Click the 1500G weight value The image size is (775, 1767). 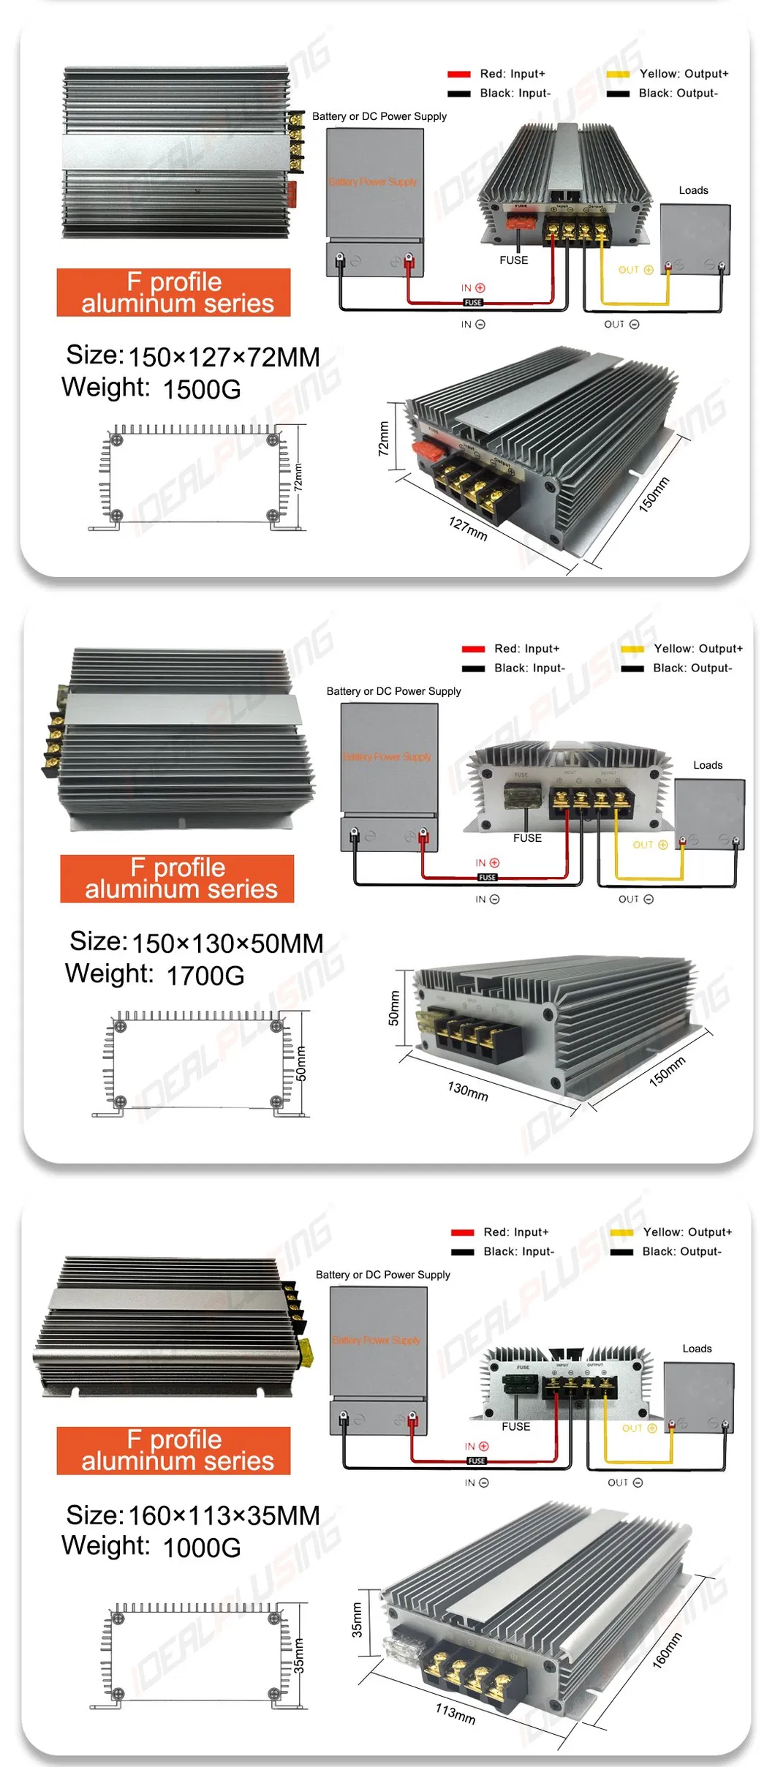[202, 389]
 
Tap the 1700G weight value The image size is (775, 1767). [205, 976]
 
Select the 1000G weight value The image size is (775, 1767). [202, 1548]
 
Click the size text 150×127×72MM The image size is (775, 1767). [224, 357]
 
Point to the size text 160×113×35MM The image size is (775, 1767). [224, 1515]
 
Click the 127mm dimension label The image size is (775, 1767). [467, 528]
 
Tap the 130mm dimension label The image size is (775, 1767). [467, 1091]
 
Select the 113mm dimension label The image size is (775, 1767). [455, 1713]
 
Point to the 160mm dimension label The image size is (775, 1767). [667, 1650]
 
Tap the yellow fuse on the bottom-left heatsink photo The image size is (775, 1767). [307, 1353]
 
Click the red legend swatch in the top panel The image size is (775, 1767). [459, 74]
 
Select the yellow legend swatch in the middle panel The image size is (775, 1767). [632, 649]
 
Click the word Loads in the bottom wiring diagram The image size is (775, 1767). [697, 1349]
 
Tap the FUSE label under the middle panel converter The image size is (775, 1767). [527, 838]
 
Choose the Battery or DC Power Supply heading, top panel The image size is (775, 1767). [379, 116]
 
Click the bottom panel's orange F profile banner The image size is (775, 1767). [173, 1450]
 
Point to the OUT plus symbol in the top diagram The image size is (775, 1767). [648, 270]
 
